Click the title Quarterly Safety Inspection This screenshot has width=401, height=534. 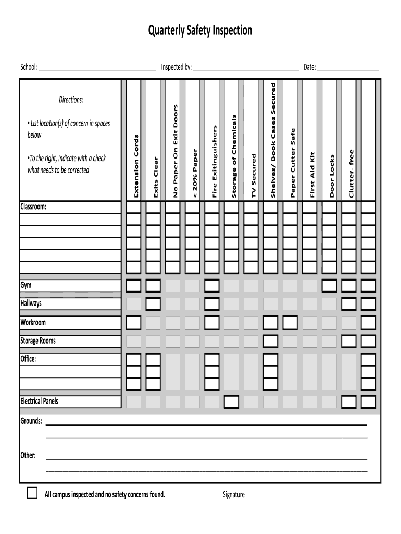(x=200, y=31)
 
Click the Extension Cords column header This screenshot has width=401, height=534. (x=136, y=166)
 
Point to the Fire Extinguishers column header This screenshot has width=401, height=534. (x=215, y=161)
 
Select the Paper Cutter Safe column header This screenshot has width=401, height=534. (x=293, y=163)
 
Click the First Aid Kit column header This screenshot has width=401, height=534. (x=312, y=175)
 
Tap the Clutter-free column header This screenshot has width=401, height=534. (x=352, y=173)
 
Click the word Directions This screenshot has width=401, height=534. (x=71, y=100)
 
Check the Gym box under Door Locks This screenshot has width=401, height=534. (x=329, y=285)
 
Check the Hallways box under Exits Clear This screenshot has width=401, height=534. (x=153, y=304)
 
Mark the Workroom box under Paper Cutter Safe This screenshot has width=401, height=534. (x=290, y=322)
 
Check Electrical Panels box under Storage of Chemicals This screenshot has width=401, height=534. (x=231, y=402)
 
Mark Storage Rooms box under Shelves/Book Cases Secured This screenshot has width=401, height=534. (x=270, y=341)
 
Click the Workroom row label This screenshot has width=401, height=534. (x=33, y=322)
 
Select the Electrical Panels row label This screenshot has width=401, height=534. (x=40, y=402)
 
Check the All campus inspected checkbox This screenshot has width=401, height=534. (x=32, y=493)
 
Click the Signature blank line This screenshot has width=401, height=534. (x=310, y=496)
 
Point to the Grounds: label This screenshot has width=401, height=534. (x=31, y=421)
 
